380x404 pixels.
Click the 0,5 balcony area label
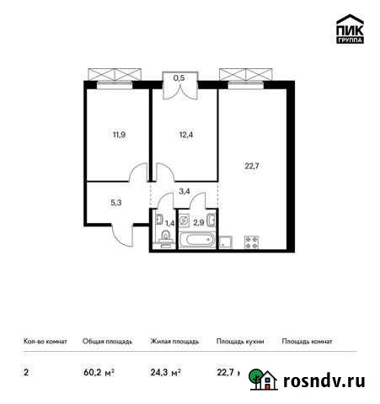point(179,78)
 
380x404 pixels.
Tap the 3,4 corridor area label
point(185,192)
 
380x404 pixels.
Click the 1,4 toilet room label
point(169,223)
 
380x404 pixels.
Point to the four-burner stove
point(250,242)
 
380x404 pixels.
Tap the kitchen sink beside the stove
point(226,242)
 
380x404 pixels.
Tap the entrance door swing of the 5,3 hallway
point(124,233)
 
